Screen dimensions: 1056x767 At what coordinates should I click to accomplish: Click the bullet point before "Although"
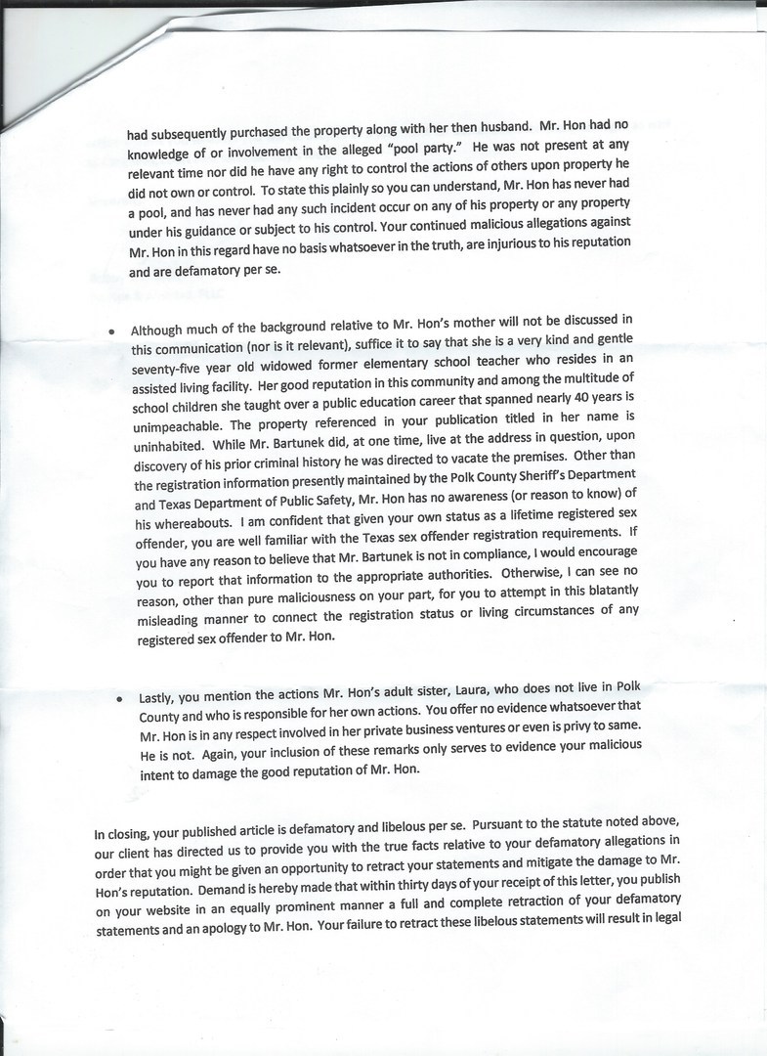(115, 331)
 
